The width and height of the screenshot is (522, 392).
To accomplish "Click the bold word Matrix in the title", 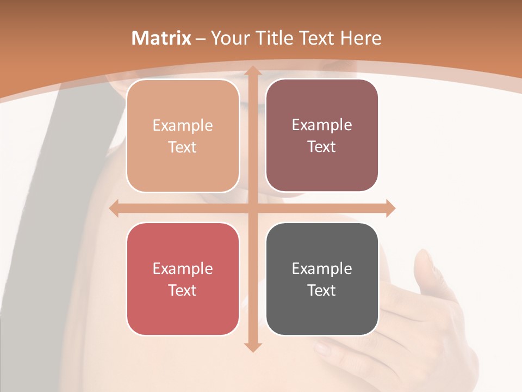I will [161, 38].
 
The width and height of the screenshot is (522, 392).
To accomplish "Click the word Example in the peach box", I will [183, 125].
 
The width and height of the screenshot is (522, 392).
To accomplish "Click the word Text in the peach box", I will [183, 147].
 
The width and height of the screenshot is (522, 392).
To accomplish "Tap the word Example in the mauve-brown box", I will [322, 125].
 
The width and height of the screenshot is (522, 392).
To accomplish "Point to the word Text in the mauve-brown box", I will [322, 146].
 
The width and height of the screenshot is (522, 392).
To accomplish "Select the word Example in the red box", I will [183, 268].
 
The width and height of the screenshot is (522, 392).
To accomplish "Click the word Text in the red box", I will [183, 290].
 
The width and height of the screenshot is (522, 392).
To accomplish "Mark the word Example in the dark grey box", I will [322, 268].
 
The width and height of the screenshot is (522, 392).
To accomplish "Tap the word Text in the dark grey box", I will [322, 290].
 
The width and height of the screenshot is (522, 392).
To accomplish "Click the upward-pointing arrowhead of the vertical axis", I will [252, 71].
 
